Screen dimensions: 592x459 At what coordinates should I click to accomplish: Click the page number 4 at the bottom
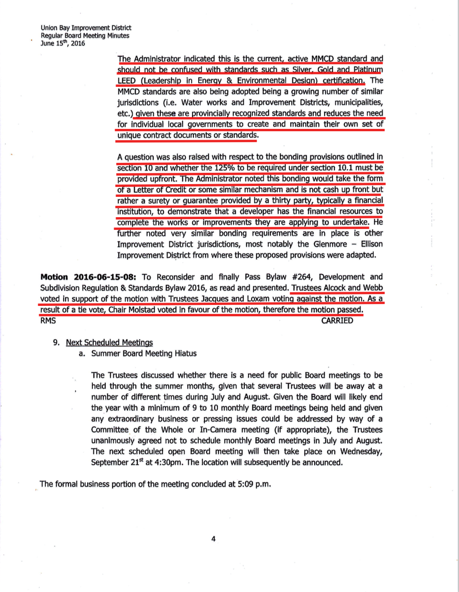point(213,539)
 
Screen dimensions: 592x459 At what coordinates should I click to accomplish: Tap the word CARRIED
point(337,321)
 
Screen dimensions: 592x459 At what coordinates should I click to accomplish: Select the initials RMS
point(48,321)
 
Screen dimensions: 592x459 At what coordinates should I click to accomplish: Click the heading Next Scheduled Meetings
point(109,342)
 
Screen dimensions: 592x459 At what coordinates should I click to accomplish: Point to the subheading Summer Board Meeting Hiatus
point(144,353)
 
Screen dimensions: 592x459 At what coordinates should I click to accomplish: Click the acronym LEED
point(127,80)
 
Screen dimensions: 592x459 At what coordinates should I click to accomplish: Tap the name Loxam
point(256,299)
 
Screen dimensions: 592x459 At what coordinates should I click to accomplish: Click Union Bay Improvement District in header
point(86,28)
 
